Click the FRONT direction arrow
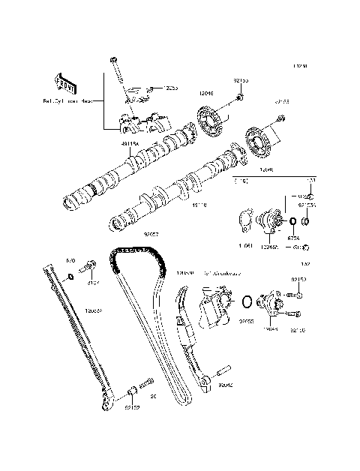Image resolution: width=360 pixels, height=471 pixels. coord(66,80)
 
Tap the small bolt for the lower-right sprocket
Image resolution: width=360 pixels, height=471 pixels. coord(279,118)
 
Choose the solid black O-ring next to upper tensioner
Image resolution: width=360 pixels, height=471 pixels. coord(292,222)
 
